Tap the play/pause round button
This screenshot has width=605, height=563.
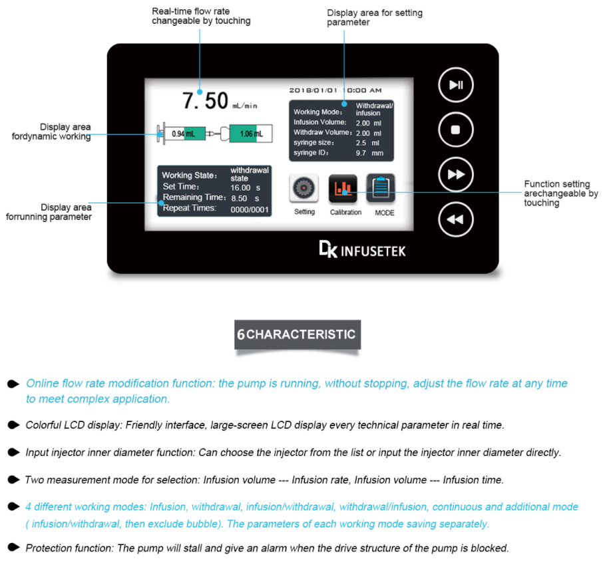(x=455, y=85)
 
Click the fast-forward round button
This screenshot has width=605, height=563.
(x=455, y=174)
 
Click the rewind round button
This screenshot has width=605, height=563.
(x=455, y=219)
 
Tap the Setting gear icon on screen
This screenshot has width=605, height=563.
(x=304, y=189)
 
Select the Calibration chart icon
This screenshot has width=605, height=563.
(x=343, y=189)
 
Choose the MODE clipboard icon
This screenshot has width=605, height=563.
(x=381, y=189)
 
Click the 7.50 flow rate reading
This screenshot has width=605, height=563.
(x=206, y=101)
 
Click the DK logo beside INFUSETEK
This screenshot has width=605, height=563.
(x=327, y=250)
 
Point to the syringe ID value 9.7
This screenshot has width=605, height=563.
(x=362, y=153)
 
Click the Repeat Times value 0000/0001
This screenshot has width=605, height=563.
(x=249, y=209)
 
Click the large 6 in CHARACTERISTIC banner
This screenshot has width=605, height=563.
(x=241, y=335)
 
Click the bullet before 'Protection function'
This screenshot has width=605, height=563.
(x=13, y=548)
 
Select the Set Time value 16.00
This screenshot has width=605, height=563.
(x=240, y=187)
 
